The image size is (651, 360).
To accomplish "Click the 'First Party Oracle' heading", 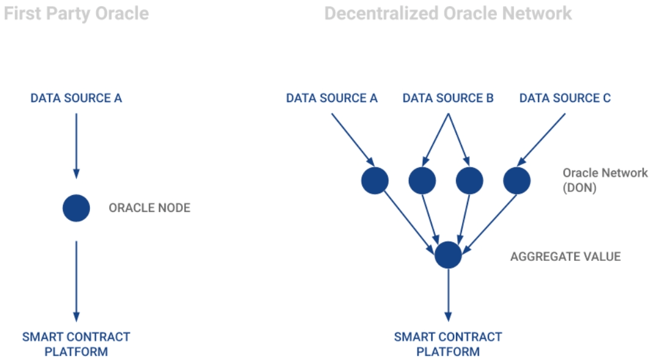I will tap(76, 13).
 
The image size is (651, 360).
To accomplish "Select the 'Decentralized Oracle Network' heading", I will tap(447, 13).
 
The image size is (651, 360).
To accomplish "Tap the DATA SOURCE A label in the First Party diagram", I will tap(76, 98).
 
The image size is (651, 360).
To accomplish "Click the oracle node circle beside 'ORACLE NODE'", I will tap(76, 208).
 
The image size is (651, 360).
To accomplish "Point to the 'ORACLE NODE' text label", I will tap(149, 208).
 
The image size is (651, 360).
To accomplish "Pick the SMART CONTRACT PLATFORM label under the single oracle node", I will tap(76, 344).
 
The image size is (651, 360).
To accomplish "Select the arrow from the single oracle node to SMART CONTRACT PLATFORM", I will tap(76, 281).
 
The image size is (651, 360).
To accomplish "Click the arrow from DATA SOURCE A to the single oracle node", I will tap(76, 145).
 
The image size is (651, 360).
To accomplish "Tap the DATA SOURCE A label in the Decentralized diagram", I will tap(332, 98).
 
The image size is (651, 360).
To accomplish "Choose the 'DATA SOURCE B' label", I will tap(448, 98).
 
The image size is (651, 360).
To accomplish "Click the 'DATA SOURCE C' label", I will tap(565, 98).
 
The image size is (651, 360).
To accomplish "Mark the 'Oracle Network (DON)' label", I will tap(604, 180).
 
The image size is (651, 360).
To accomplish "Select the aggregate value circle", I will tap(448, 255).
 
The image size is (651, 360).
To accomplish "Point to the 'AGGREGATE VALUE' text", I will tap(565, 257).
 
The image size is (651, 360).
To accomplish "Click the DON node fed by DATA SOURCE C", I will tap(516, 180).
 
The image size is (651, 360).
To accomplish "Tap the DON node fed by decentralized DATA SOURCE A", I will tap(374, 180).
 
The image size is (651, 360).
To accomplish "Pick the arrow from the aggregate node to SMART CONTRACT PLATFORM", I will tap(448, 295).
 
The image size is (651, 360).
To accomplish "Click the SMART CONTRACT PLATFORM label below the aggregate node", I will tap(448, 344).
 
